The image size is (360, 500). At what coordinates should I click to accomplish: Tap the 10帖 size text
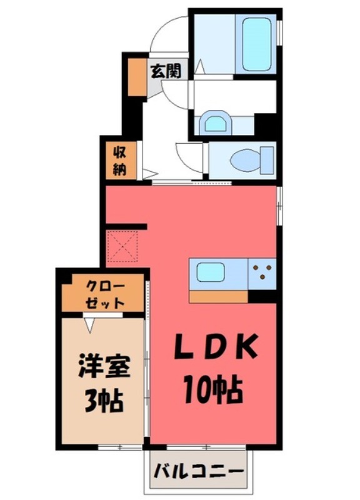213,391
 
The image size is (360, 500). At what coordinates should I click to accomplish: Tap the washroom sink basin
216,122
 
